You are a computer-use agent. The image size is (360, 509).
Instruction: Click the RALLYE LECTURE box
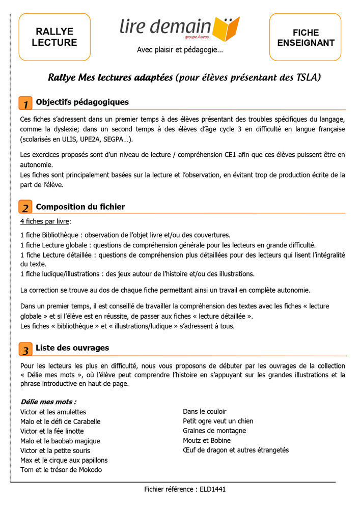tap(54, 37)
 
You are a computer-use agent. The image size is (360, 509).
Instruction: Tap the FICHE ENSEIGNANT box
tap(306, 37)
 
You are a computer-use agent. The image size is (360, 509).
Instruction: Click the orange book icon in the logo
tap(226, 29)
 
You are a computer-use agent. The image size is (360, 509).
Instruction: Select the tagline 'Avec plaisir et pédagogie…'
tap(180, 50)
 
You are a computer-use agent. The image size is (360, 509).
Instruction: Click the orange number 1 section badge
tap(25, 103)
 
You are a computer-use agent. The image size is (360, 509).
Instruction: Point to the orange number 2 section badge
tap(25, 207)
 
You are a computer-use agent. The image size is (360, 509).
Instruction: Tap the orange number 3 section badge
tap(25, 349)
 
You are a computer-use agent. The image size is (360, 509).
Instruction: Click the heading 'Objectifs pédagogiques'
tap(82, 102)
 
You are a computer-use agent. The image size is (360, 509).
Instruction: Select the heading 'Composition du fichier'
tap(80, 207)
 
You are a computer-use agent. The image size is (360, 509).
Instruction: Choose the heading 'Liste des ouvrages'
tap(72, 348)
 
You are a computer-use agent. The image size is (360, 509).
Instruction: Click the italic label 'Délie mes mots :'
tap(48, 402)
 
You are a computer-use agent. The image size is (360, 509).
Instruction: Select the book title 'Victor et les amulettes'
tap(53, 412)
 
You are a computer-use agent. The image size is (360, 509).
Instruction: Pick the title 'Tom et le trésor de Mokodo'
tap(61, 470)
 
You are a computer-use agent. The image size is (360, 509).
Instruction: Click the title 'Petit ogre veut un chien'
tap(218, 421)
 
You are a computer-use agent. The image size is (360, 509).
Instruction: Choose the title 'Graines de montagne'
tap(214, 431)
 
